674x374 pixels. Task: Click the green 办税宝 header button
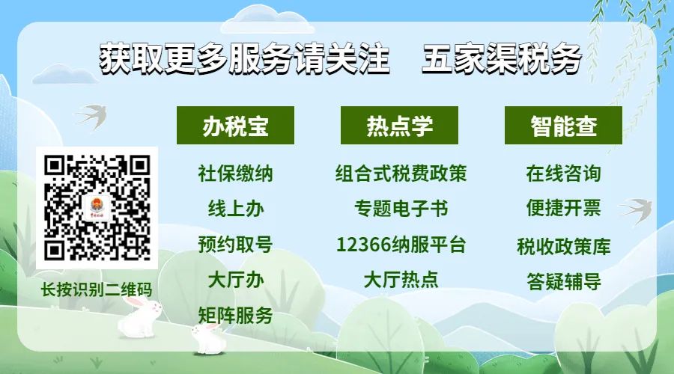pyautogui.click(x=236, y=126)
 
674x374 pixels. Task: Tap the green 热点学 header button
pyautogui.click(x=399, y=126)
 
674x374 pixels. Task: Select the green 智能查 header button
pyautogui.click(x=563, y=126)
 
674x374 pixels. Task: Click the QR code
pyautogui.click(x=97, y=208)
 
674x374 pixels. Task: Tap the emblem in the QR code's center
pyautogui.click(x=97, y=208)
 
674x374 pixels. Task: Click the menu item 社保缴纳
pyautogui.click(x=236, y=174)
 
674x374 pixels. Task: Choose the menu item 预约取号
pyautogui.click(x=236, y=245)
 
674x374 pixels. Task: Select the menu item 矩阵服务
pyautogui.click(x=236, y=316)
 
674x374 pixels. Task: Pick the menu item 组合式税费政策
pyautogui.click(x=401, y=174)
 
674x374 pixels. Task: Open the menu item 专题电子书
pyautogui.click(x=401, y=209)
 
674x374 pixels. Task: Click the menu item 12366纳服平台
pyautogui.click(x=401, y=245)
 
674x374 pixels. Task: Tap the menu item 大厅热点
pyautogui.click(x=401, y=280)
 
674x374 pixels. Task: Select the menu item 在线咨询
pyautogui.click(x=563, y=174)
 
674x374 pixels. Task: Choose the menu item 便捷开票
pyautogui.click(x=563, y=209)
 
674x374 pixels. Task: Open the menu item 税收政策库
pyautogui.click(x=563, y=247)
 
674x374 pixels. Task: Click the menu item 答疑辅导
pyautogui.click(x=563, y=282)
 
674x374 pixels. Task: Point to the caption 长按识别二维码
pyautogui.click(x=97, y=289)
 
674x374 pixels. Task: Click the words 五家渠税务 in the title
pyautogui.click(x=502, y=58)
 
